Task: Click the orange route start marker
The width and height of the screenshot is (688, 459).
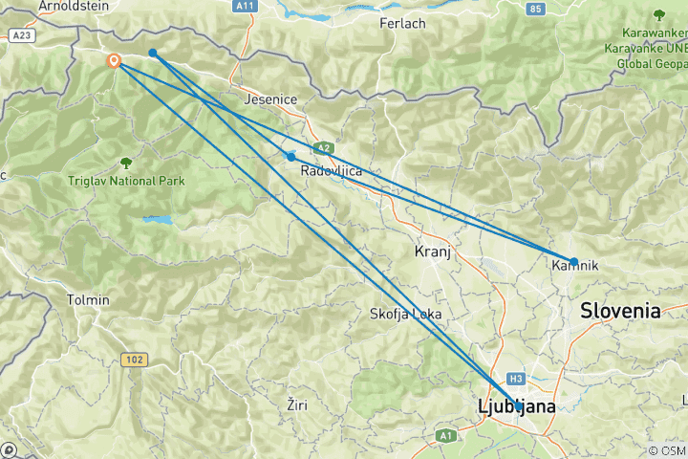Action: tap(115, 61)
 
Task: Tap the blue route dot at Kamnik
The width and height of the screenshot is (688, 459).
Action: tap(574, 261)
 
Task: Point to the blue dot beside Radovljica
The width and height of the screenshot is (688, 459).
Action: tap(291, 157)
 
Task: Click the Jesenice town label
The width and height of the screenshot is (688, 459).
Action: tap(270, 99)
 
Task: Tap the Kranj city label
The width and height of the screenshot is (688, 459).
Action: tap(432, 251)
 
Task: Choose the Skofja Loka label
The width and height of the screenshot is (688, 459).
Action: tap(405, 314)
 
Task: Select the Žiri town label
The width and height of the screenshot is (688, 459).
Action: tap(297, 405)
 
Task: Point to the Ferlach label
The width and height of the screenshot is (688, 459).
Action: tap(402, 23)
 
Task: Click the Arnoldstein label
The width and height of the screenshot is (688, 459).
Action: tap(74, 6)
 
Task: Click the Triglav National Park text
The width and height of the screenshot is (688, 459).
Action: tap(126, 181)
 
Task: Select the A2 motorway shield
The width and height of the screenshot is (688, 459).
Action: tap(324, 147)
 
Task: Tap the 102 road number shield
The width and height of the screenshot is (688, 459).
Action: tap(135, 360)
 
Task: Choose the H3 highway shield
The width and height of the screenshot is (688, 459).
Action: tap(517, 378)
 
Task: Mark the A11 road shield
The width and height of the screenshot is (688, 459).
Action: tap(247, 6)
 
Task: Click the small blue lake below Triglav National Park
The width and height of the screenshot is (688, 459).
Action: tap(159, 220)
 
